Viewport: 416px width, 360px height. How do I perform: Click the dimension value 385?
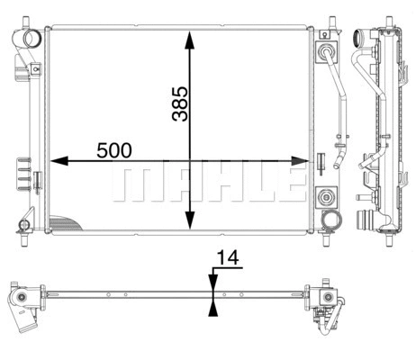[179, 103]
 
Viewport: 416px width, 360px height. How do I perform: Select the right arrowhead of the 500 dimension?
[303, 161]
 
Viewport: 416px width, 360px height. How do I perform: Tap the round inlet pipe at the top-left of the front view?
[33, 40]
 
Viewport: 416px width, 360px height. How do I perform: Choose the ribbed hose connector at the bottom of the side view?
[365, 220]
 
